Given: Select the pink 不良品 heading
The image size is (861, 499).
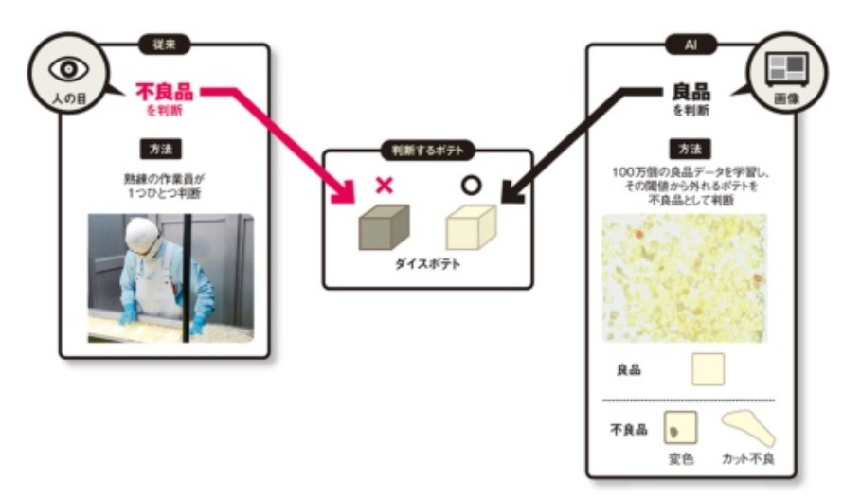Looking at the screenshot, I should [x=164, y=93].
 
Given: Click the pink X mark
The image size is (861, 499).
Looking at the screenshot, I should [x=384, y=185].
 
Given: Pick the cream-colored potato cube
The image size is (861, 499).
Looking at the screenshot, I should [x=472, y=227].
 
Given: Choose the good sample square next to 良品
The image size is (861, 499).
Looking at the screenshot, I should [x=709, y=369].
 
